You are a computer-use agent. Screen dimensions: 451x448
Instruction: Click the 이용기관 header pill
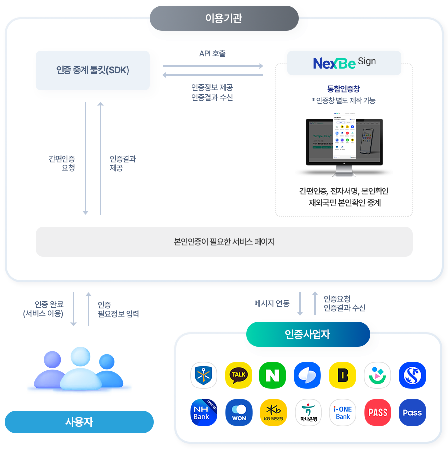pos(224,19)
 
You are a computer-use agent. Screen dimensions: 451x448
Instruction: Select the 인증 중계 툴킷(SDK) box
pos(93,70)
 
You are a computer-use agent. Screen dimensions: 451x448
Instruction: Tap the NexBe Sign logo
pos(344,63)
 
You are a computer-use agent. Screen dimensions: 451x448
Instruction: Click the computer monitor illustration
pos(344,147)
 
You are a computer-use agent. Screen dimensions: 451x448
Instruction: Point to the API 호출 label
pos(212,53)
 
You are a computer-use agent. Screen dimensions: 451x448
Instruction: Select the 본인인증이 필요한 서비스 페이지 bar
pos(224,242)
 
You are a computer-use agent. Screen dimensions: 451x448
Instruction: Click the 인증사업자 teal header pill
pos(308,334)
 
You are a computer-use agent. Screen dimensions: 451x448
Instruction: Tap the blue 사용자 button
pos(79,422)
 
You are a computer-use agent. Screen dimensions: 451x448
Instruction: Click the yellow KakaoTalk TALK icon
pos(239,375)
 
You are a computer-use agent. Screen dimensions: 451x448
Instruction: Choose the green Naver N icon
pos(273,375)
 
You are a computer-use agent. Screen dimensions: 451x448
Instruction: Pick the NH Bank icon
pos(203,412)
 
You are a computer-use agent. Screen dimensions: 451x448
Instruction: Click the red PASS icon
pos(378,412)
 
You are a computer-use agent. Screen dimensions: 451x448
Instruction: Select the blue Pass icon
pos(412,412)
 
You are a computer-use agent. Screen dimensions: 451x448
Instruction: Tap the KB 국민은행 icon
pos(273,412)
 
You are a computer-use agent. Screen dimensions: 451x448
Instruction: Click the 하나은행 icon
pos(308,412)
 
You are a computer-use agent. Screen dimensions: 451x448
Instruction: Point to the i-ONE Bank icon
pos(343,412)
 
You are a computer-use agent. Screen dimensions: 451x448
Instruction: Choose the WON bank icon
pos(239,412)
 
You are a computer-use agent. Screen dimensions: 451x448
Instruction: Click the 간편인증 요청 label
pos(62,163)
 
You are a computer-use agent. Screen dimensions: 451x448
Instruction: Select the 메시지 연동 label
pos(271,303)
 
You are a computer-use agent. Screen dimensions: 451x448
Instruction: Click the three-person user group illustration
pos(78,372)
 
